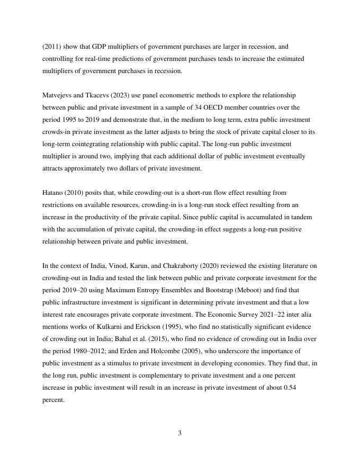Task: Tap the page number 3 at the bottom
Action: [x=180, y=433]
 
